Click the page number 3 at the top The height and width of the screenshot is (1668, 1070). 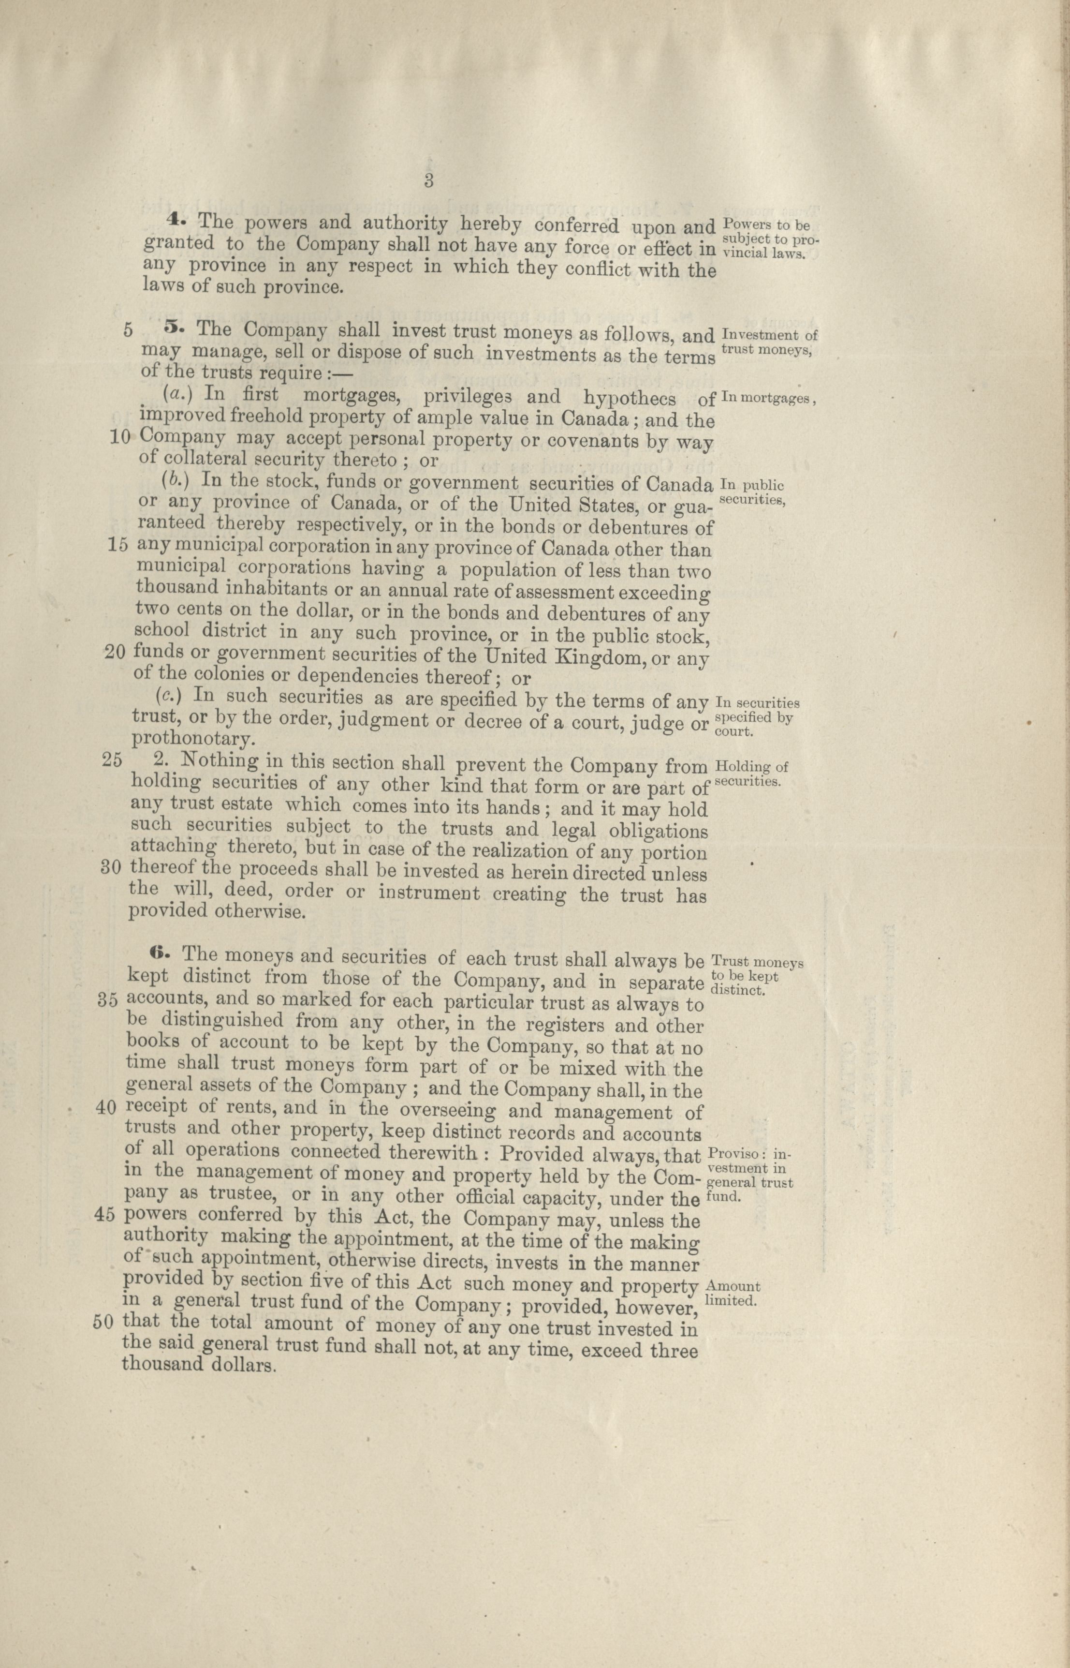[x=428, y=182]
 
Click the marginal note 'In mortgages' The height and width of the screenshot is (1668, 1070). [x=768, y=399]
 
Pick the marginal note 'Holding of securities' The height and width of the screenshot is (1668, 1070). [x=751, y=774]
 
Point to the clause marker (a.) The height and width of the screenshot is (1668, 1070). [x=173, y=393]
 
